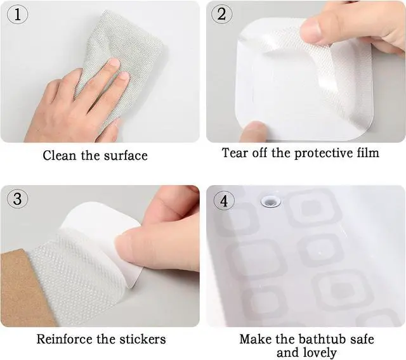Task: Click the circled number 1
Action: (x=17, y=14)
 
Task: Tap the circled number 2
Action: (x=221, y=14)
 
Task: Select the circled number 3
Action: (x=17, y=198)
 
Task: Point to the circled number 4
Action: (x=224, y=200)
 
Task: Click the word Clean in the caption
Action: (x=60, y=155)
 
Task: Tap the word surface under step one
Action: (x=126, y=156)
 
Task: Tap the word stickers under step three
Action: (x=142, y=339)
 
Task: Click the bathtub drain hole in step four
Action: (x=271, y=201)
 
